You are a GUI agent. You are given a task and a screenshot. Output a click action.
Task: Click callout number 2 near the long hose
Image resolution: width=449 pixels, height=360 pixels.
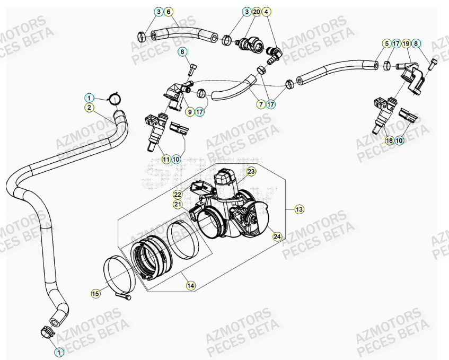coord(90,108)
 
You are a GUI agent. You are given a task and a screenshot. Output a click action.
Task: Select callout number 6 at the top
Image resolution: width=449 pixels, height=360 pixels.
coord(168,11)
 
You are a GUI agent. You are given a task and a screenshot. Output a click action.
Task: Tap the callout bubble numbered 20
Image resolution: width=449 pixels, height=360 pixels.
coord(257,11)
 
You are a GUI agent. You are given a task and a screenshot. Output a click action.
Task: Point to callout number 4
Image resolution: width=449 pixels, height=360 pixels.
coord(267,11)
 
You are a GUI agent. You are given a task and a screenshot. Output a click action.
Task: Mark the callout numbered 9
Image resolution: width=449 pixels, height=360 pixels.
coord(189,112)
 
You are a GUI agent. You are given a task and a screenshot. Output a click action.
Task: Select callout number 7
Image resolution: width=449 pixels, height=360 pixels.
coord(261,105)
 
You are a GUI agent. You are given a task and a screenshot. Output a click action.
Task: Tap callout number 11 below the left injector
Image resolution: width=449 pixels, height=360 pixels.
coord(166,159)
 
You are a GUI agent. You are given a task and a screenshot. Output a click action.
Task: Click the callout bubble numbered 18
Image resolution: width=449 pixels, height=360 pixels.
coord(390,141)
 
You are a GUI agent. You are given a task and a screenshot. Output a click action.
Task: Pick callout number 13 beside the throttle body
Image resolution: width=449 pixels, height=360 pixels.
coord(300,210)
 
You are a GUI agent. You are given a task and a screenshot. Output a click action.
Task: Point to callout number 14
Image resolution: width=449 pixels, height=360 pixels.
coord(190,285)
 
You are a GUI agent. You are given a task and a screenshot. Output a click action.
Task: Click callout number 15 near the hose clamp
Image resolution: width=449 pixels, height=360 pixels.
coord(95,293)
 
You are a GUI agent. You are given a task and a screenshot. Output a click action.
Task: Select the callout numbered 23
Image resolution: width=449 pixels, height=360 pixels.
coord(251,171)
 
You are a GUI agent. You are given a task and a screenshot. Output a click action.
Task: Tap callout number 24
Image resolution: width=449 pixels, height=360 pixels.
coord(277,237)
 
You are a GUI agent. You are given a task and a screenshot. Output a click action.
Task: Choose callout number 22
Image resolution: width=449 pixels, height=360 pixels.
coord(178,195)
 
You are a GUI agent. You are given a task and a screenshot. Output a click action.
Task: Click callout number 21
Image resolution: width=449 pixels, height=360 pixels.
coord(178,204)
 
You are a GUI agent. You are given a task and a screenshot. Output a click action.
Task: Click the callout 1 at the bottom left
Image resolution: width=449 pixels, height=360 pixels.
coord(59,351)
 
